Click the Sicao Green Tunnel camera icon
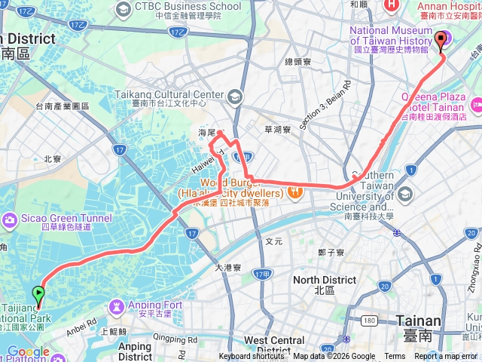[x=10, y=219]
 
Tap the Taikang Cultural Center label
[x=169, y=95]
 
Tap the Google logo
[x=28, y=352]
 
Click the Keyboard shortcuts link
[x=252, y=357]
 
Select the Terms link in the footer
[x=395, y=357]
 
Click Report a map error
[x=447, y=357]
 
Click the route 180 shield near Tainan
[x=368, y=321]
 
